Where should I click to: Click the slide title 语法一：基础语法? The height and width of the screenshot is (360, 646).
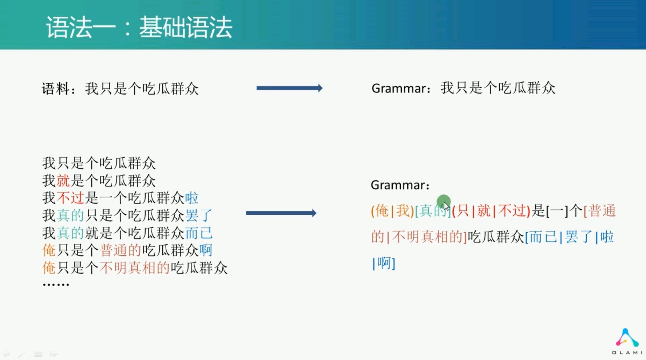coord(139,27)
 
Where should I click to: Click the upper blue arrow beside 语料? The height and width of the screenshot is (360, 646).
coord(289,88)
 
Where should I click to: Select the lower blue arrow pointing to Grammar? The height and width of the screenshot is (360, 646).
coord(281,213)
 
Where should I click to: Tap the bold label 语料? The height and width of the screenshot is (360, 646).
coord(56,89)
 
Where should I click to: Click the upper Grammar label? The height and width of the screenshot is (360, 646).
coord(399,88)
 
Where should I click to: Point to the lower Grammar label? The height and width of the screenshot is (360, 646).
coord(398,185)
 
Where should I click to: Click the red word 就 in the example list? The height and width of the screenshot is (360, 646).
coord(63,181)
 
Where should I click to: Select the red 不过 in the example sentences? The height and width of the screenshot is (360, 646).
coord(70,198)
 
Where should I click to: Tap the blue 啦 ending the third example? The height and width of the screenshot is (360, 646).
coord(192,198)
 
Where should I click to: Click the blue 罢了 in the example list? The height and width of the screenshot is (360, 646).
coord(199,215)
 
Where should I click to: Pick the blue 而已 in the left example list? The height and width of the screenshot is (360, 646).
coord(199,233)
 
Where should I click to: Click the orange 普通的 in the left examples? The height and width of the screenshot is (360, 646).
coord(120,250)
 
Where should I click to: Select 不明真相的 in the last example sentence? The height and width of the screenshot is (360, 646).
coord(135,268)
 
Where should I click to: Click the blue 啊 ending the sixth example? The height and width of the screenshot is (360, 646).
coord(206,250)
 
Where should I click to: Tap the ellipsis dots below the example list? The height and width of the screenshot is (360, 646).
coord(56,284)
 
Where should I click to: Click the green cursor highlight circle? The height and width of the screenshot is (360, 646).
coord(444,201)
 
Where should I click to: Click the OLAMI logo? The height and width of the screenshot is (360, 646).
coord(627,341)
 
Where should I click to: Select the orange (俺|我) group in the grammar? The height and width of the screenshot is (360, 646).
coord(392,211)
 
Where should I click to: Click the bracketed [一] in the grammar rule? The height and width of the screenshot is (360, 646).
coord(557,211)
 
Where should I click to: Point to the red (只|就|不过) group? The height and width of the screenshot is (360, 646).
coord(491,211)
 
